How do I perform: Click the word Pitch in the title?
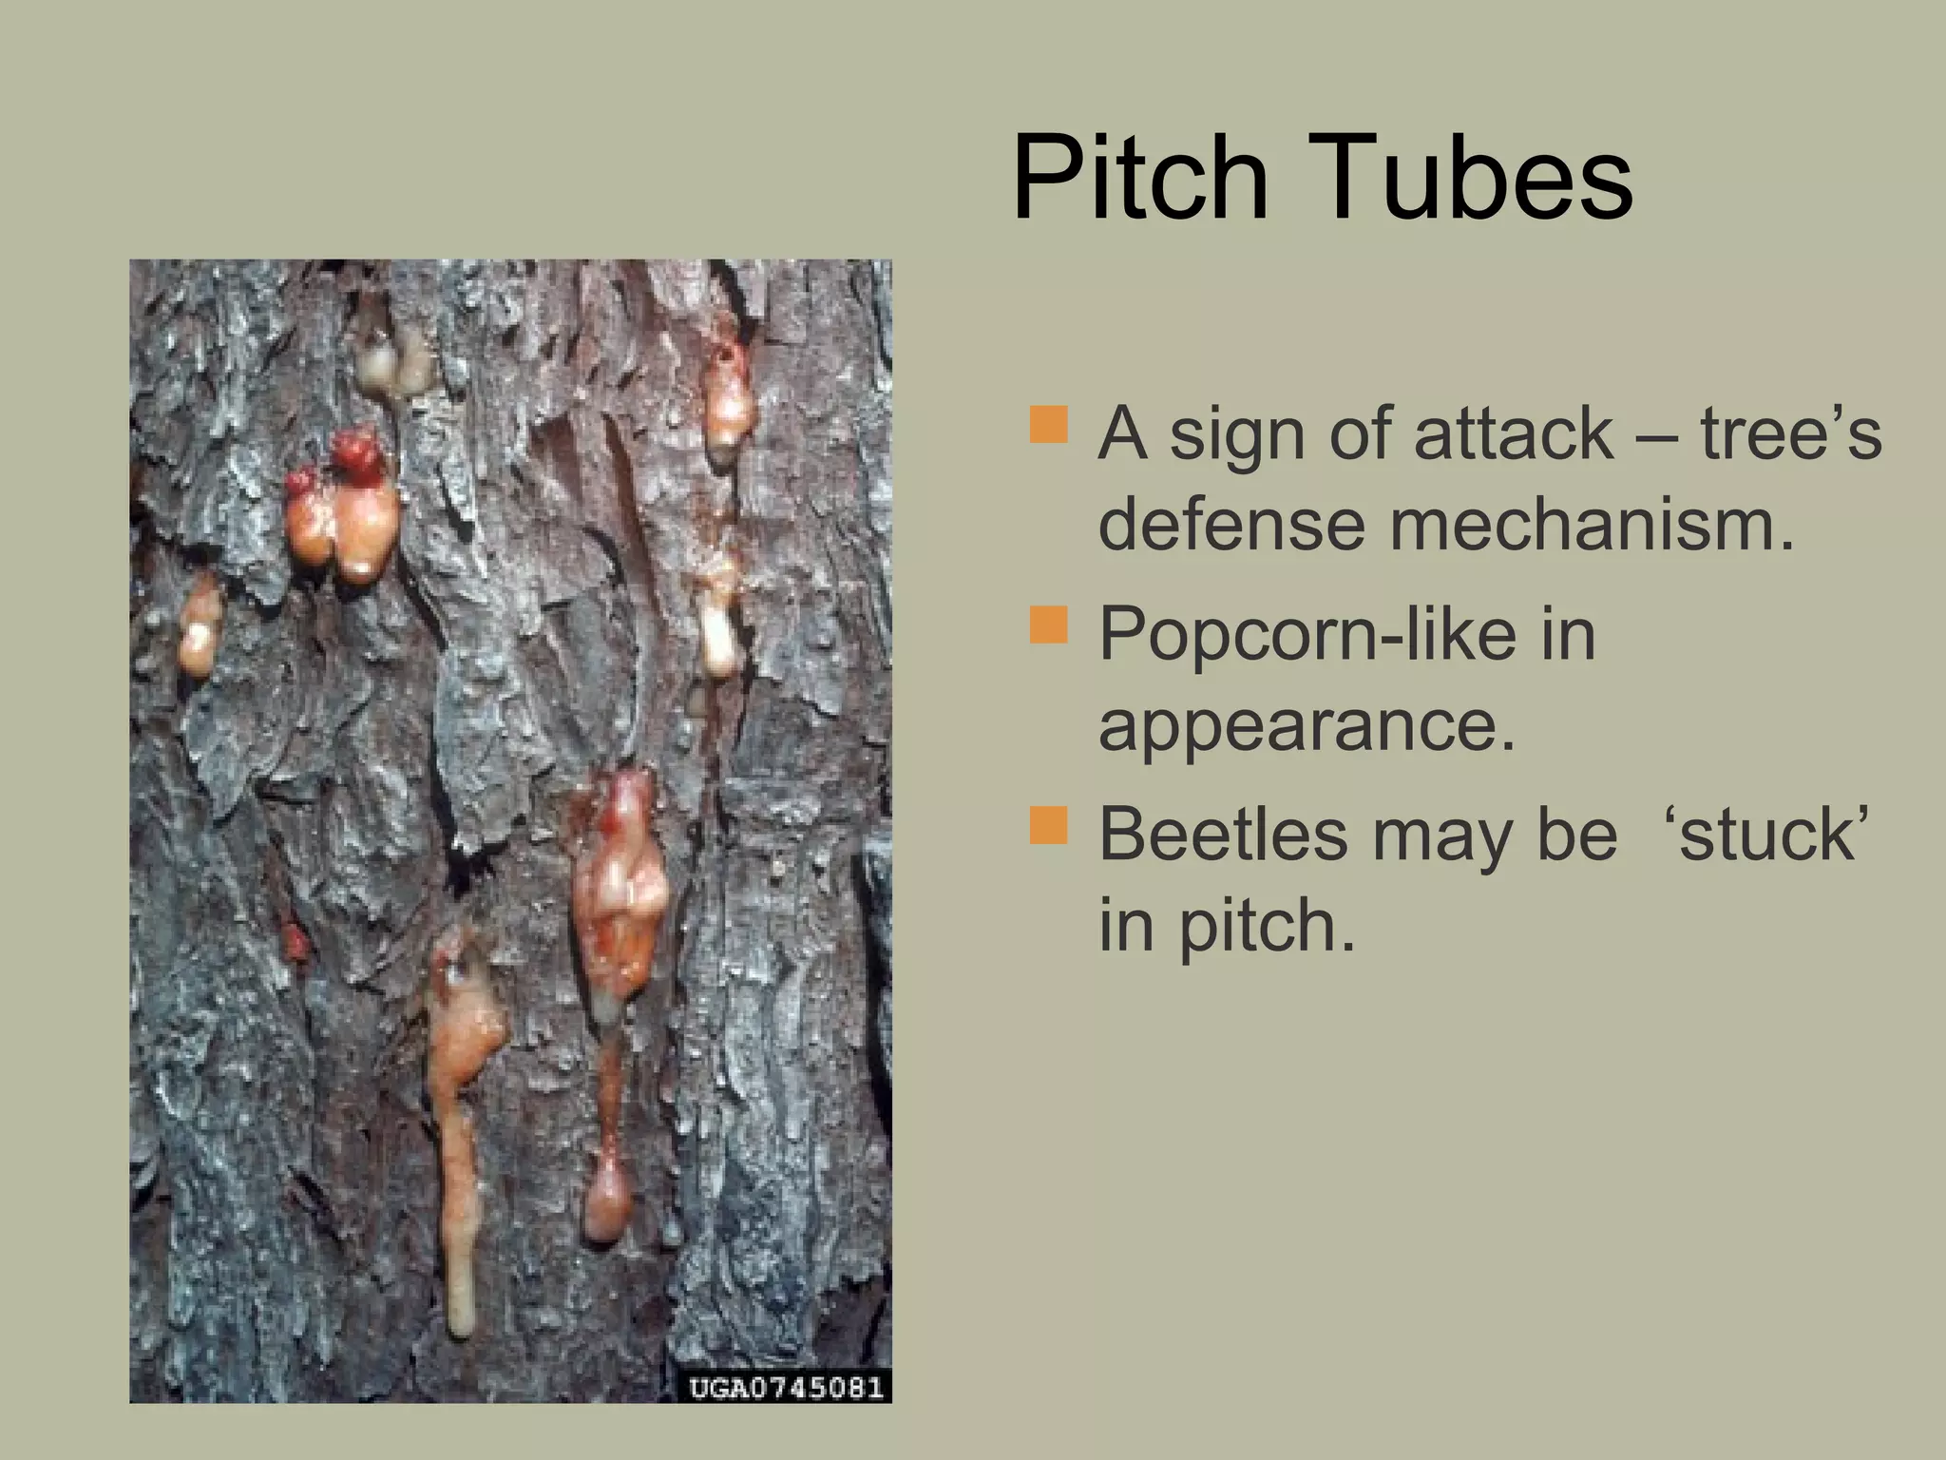(1140, 178)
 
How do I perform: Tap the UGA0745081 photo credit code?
(786, 1387)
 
